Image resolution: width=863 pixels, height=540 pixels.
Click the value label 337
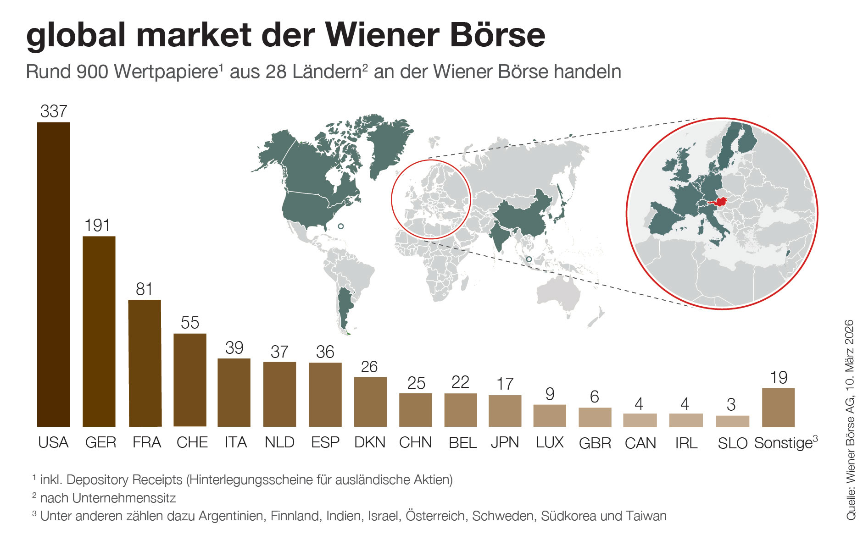tap(54, 111)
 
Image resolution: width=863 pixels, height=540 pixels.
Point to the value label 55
tap(189, 323)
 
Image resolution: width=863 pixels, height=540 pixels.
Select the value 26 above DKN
tap(369, 367)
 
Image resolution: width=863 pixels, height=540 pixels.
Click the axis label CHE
tap(192, 442)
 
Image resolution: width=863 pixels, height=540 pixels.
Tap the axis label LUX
tap(550, 442)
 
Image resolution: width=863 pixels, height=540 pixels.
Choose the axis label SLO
tap(732, 443)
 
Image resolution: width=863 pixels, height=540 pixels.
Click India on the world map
tap(500, 231)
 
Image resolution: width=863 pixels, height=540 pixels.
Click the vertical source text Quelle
tap(851, 504)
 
